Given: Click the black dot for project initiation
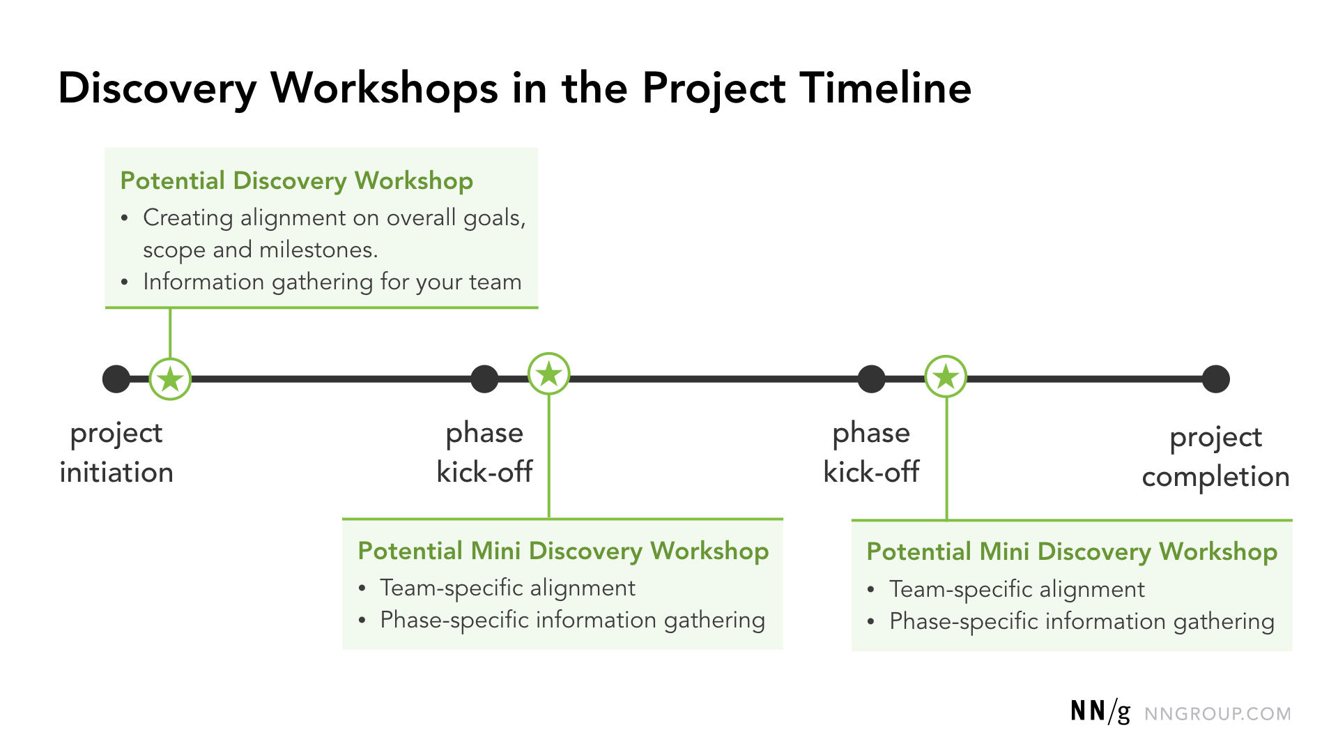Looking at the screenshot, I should (116, 379).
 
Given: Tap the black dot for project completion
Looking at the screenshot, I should (1215, 379).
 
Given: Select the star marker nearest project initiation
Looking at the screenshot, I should (170, 379).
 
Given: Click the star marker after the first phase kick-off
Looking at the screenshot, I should (549, 374).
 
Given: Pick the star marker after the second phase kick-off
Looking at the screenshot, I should (946, 376).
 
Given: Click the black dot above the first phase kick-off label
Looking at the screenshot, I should (484, 379).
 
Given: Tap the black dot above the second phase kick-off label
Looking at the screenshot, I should (871, 379).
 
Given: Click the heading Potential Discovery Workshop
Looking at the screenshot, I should (296, 181).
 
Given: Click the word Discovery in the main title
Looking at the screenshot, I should (157, 89).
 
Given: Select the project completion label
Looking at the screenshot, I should (1215, 457).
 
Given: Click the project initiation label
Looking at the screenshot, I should (116, 452).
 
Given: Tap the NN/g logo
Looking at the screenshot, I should (1100, 712).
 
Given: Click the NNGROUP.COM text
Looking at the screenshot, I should (1217, 714).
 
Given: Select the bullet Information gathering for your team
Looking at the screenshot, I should (332, 282).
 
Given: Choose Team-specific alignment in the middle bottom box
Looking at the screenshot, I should (507, 588).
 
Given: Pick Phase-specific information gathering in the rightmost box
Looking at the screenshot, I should (1082, 621).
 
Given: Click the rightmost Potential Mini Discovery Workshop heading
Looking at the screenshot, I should (1072, 552).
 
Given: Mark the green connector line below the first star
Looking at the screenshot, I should (170, 333).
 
